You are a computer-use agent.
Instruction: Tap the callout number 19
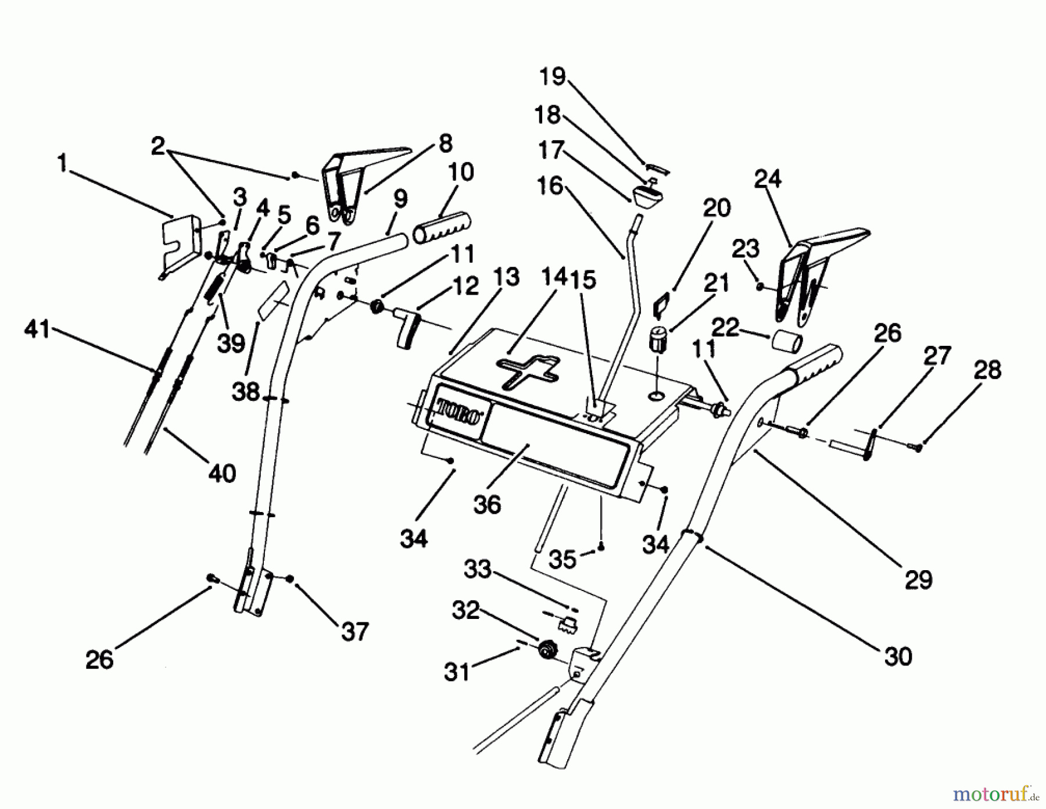pos(552,76)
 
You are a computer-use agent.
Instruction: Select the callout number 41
pos(38,331)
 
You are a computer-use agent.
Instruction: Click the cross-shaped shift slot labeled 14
pos(528,370)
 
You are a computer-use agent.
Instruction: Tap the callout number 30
pos(898,656)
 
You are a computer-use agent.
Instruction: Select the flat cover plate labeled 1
pos(180,241)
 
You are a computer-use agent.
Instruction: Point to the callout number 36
pos(487,504)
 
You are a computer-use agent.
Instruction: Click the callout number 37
pos(354,631)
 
